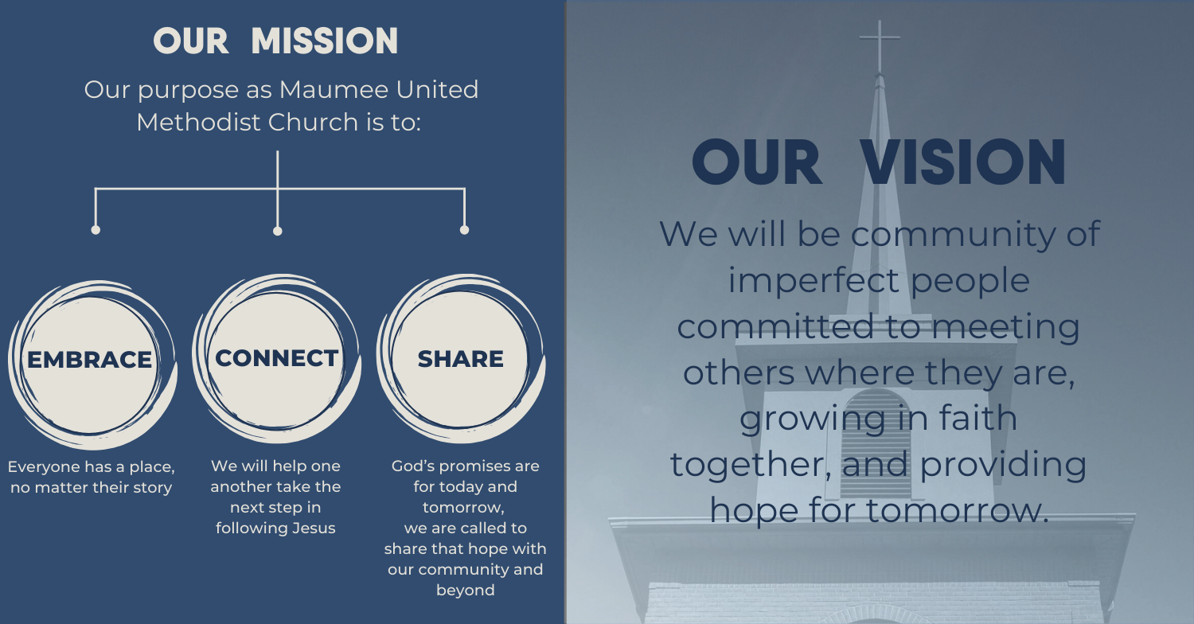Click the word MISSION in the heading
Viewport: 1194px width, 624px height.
click(x=325, y=41)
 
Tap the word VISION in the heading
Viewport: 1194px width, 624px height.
click(x=963, y=162)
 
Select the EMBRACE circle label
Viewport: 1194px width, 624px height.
click(x=89, y=360)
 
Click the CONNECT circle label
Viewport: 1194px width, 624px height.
click(x=277, y=358)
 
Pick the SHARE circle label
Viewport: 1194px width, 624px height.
click(x=461, y=359)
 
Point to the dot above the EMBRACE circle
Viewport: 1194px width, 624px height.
click(x=96, y=230)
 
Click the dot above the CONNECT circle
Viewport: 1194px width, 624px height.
click(x=277, y=231)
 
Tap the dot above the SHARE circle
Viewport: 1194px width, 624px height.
click(x=464, y=230)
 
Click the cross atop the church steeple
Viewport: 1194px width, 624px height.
click(x=880, y=45)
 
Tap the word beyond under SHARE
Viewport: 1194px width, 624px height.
click(x=466, y=591)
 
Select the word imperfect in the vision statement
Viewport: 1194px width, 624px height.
click(x=814, y=281)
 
